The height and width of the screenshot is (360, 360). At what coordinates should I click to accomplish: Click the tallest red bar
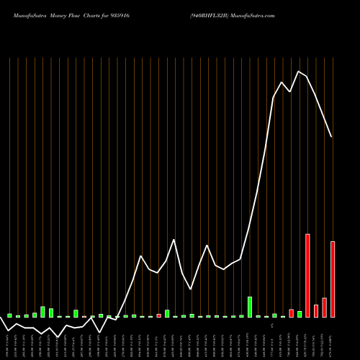tap(307, 276)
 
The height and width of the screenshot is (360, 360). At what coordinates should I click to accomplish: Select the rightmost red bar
tap(333, 279)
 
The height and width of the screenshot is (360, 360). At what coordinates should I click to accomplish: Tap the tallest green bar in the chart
tap(250, 307)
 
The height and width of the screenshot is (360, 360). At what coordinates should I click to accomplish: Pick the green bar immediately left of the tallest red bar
tap(300, 314)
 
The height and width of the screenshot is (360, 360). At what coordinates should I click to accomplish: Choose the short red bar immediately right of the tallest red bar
tap(316, 311)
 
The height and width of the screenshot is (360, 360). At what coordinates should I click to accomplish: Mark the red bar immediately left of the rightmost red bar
tap(324, 307)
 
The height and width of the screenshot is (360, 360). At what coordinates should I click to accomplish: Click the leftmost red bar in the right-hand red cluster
tap(291, 313)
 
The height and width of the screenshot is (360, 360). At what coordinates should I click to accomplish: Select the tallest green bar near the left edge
tap(42, 312)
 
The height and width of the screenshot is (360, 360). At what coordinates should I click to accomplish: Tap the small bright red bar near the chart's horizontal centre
tap(158, 315)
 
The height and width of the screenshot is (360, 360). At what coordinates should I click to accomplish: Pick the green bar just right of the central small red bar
tap(167, 313)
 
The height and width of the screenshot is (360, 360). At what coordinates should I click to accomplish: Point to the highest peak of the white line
tap(299, 71)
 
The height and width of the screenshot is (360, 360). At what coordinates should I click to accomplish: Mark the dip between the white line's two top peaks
tap(290, 92)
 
